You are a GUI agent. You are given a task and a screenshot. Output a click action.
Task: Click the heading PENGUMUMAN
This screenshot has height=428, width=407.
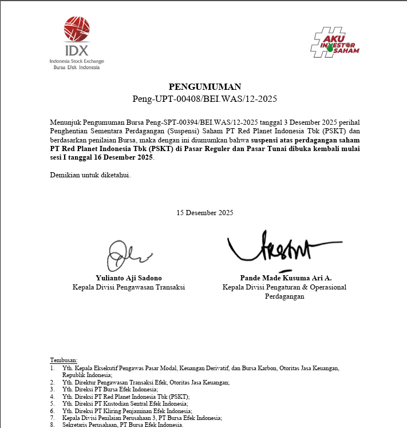coord(205,87)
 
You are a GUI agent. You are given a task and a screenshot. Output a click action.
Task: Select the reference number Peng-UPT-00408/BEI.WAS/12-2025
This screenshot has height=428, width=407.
coord(204,99)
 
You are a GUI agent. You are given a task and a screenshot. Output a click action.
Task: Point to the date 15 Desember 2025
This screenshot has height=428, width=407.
coord(205,213)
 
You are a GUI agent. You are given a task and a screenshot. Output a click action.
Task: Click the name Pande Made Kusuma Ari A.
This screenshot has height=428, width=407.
coord(284,278)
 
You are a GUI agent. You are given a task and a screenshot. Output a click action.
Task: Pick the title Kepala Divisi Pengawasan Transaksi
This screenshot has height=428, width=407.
coord(129,287)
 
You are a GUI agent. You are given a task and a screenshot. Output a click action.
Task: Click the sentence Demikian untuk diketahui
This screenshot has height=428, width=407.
coord(90,175)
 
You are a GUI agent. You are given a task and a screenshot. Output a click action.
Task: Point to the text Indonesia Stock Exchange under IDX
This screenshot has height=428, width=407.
coord(77,61)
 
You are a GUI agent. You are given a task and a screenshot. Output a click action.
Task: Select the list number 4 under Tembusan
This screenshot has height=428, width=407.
coord(53,397)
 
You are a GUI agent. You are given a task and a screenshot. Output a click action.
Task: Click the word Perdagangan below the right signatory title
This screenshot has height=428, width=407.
coord(284,296)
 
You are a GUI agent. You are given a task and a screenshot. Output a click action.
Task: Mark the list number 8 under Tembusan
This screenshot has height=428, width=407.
coord(53,425)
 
